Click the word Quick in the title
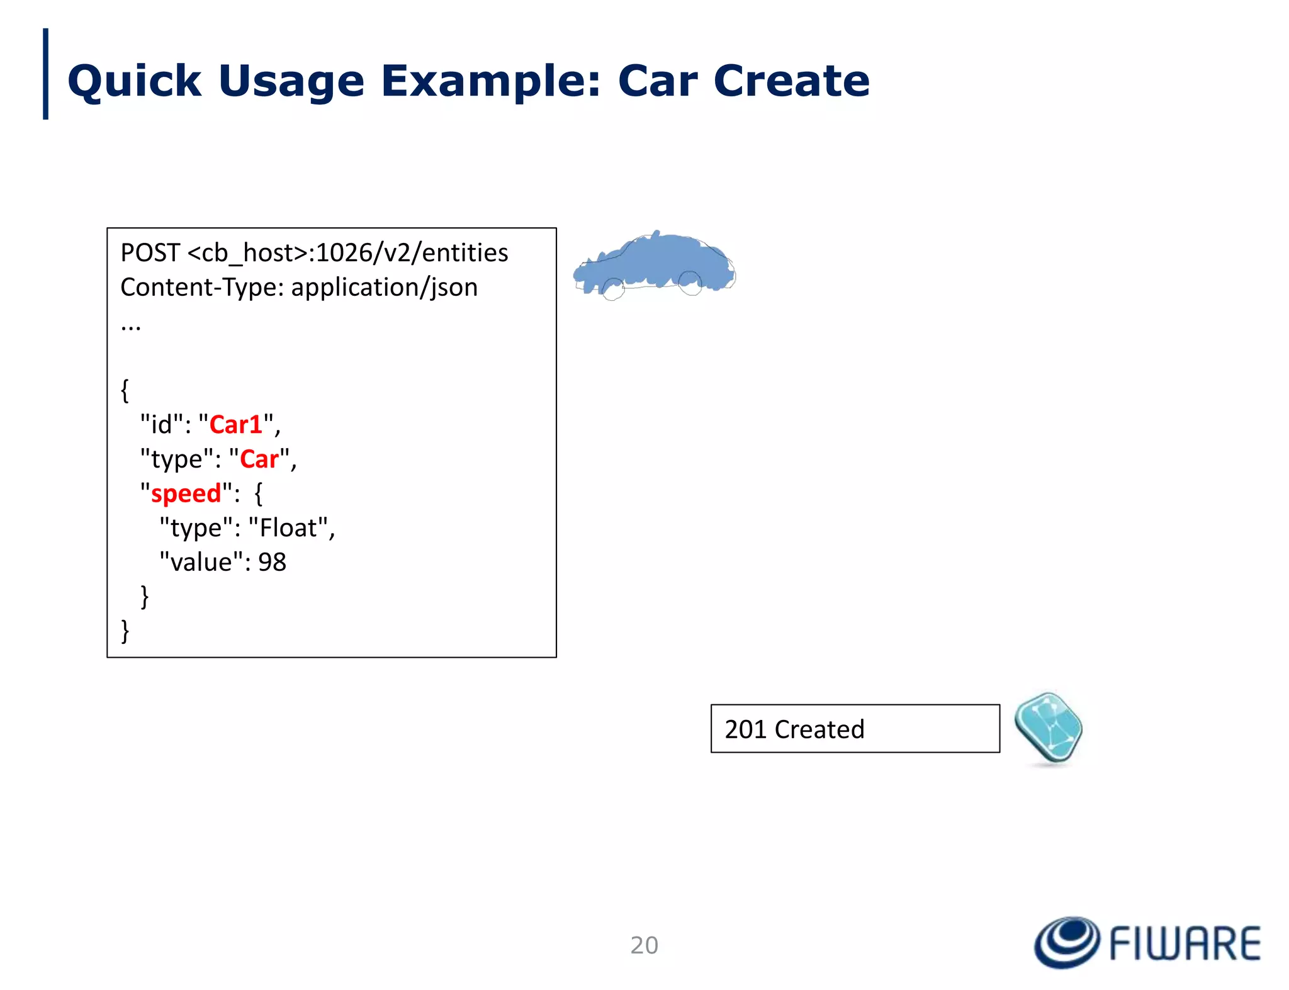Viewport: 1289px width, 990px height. point(134,82)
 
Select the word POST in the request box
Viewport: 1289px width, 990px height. point(150,253)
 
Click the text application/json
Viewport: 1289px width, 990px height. point(384,288)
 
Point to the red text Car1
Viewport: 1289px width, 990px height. point(235,425)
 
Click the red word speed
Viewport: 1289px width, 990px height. point(186,493)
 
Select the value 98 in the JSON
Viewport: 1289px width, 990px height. point(272,562)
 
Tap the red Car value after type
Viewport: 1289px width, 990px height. point(259,459)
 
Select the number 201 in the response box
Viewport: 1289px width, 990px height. point(745,729)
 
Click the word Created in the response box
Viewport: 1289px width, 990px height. point(819,729)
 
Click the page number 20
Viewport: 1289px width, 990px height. point(644,945)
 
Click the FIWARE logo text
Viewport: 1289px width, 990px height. point(1185,943)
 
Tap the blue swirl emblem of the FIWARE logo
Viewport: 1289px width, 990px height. point(1067,942)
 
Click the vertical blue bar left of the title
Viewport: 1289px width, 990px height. point(45,74)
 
